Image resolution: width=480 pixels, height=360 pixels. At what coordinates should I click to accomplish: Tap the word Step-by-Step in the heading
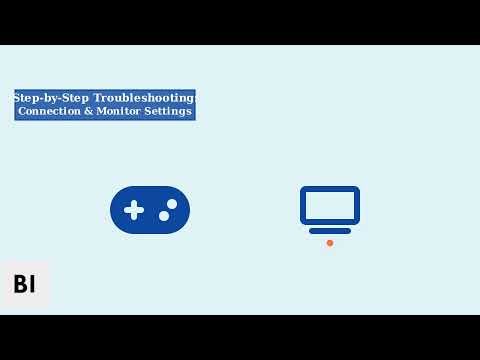51,98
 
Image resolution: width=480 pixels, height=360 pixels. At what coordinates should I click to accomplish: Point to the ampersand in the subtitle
88,111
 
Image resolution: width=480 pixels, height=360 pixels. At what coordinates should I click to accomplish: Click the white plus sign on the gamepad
134,210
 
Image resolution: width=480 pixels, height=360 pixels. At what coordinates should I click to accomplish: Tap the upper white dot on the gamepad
172,204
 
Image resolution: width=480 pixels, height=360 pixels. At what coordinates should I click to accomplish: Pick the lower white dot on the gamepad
164,216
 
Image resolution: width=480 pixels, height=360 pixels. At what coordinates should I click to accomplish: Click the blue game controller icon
150,210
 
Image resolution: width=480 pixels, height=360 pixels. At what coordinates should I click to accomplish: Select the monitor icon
330,209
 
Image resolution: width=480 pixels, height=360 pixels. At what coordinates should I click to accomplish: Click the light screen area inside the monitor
330,205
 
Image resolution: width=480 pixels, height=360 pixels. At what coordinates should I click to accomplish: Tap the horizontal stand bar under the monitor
330,231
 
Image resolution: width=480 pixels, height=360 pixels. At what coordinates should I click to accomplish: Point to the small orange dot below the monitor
330,243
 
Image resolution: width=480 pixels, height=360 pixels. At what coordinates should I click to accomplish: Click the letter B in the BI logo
19,284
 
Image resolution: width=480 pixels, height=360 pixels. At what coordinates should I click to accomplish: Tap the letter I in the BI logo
32,284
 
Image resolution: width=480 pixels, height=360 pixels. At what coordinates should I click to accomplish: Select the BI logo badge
25,284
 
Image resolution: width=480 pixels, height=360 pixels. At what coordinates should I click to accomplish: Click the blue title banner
105,105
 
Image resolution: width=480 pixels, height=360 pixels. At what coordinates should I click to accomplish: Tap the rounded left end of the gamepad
116,210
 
